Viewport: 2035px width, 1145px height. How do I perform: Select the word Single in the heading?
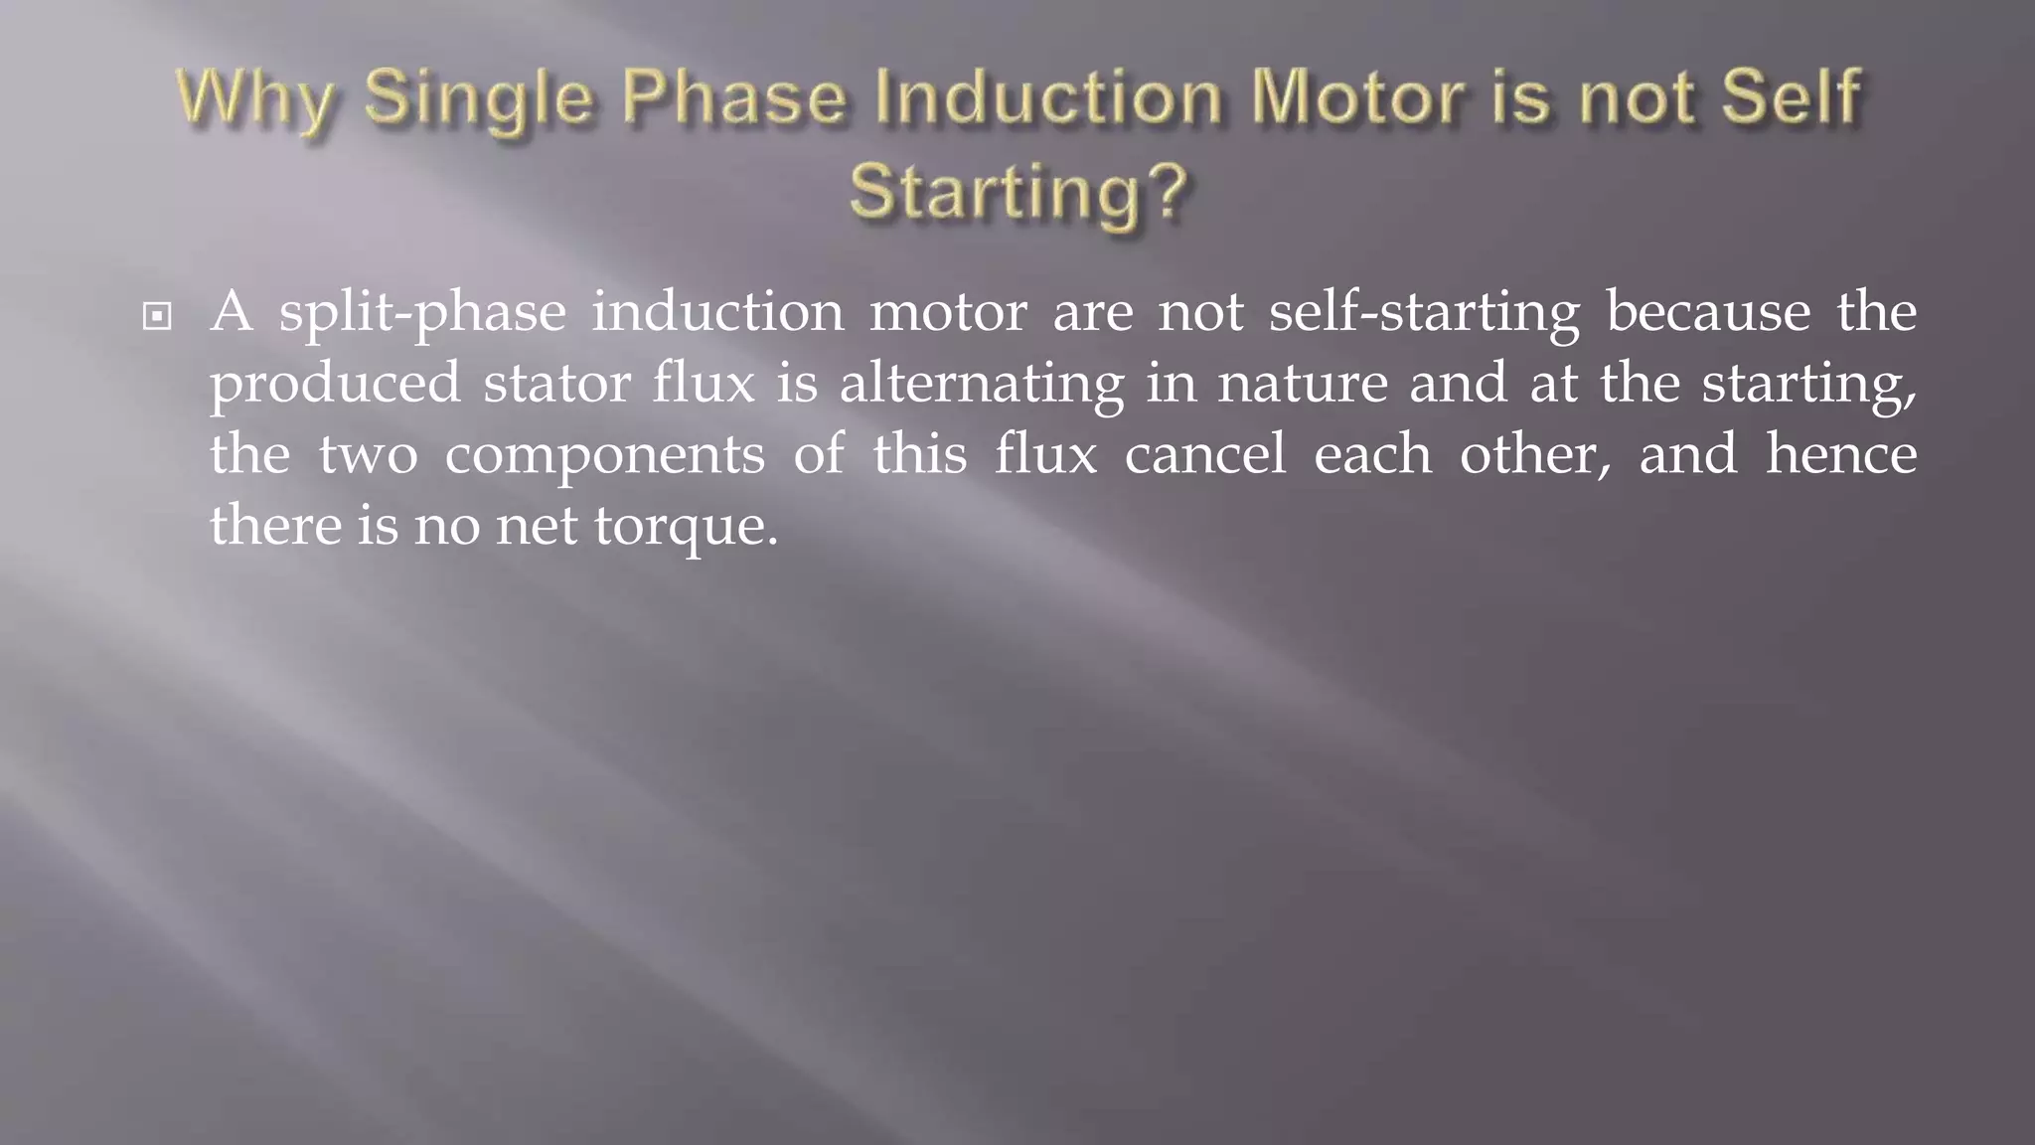point(479,99)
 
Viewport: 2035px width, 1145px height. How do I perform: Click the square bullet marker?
point(157,317)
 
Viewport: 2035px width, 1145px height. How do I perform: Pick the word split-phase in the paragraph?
point(421,314)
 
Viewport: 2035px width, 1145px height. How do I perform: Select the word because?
point(1708,312)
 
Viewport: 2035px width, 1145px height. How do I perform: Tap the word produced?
point(335,385)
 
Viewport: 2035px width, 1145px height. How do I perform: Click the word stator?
point(557,384)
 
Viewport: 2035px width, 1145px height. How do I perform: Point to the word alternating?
point(982,385)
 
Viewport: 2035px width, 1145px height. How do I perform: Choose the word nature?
point(1303,384)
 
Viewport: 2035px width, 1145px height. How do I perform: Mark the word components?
point(604,456)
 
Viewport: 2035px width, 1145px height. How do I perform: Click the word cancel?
point(1205,454)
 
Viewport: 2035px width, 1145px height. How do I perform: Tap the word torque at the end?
point(686,527)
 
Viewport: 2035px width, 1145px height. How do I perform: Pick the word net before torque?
point(537,527)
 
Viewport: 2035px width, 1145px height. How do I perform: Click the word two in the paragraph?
point(368,455)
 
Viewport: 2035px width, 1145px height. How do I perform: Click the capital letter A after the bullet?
point(233,312)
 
